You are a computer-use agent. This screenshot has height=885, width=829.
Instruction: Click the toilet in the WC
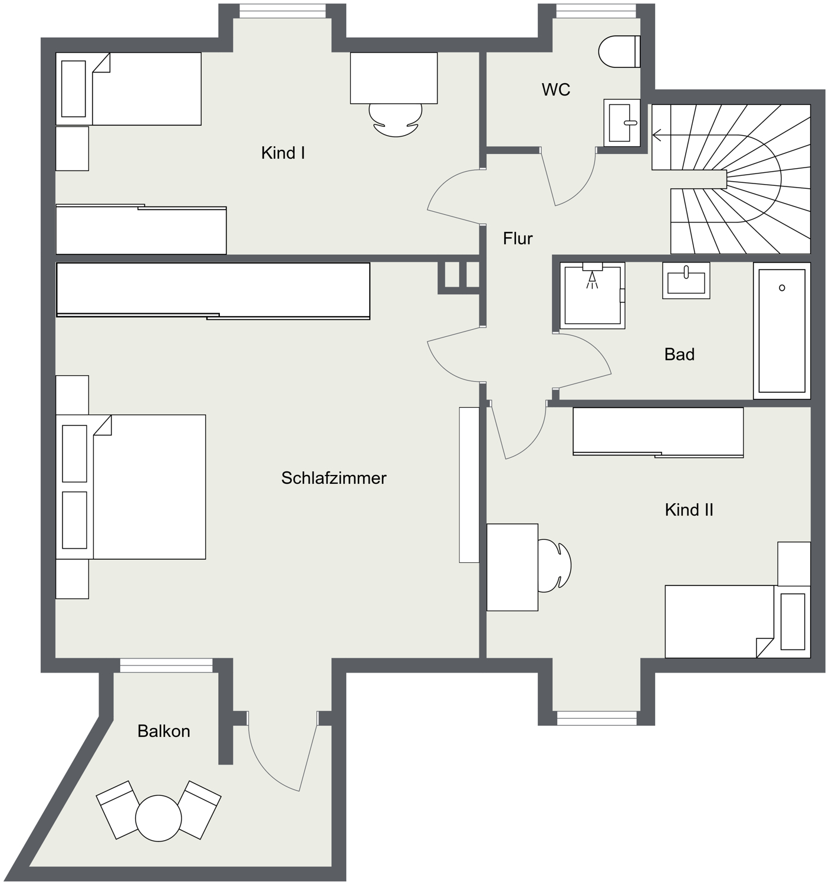[619, 52]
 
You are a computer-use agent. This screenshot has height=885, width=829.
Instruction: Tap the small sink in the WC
[622, 123]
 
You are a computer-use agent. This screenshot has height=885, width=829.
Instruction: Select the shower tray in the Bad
[593, 296]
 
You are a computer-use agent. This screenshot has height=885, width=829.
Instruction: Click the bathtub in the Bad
[782, 330]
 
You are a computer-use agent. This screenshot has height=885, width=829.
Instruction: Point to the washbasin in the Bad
[686, 280]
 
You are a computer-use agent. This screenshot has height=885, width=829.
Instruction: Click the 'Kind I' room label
[283, 153]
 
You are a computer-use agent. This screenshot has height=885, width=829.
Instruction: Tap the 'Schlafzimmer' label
[334, 478]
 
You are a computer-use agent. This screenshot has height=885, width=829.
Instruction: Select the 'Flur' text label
[518, 238]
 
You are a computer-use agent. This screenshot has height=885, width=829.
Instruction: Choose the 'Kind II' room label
[689, 510]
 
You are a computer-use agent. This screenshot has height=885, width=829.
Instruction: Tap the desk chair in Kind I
[396, 120]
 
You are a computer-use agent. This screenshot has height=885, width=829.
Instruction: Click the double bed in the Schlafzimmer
[130, 487]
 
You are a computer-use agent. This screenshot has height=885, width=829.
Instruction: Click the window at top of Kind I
[282, 11]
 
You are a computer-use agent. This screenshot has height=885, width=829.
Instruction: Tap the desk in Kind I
[394, 78]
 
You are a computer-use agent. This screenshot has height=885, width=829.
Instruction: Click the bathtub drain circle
[782, 288]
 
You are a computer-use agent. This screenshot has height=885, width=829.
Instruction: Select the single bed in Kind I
[129, 88]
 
